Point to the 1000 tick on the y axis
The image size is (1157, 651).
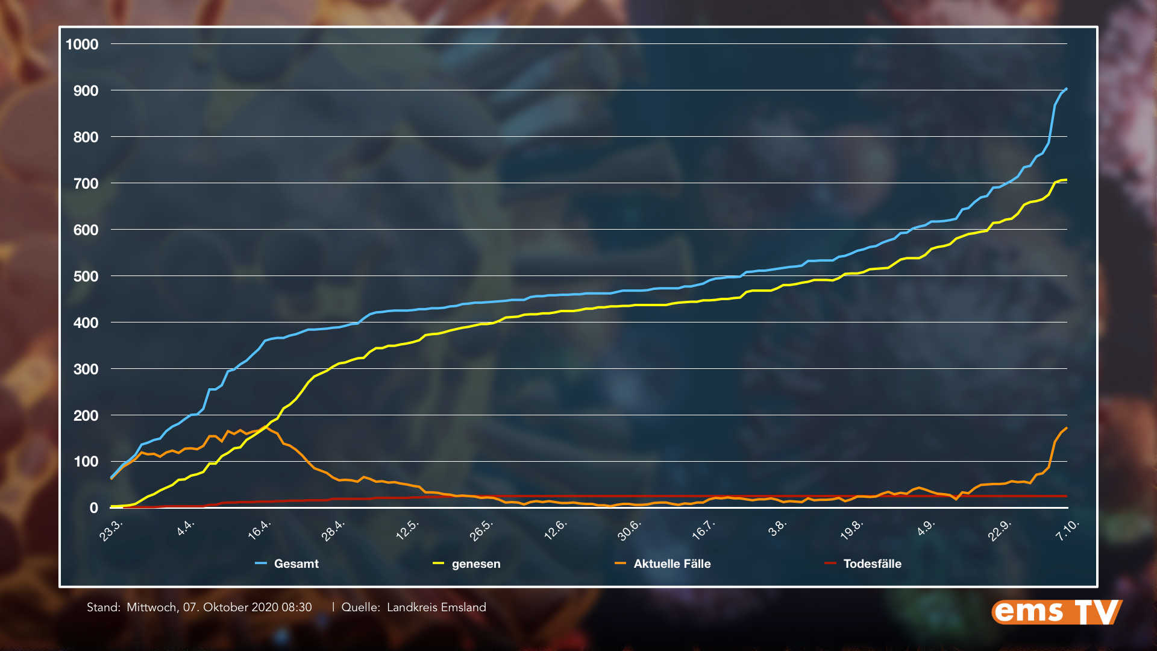tap(82, 44)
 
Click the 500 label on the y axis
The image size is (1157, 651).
tap(86, 276)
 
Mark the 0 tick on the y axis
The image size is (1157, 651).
tap(93, 508)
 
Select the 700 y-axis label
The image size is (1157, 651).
tap(86, 183)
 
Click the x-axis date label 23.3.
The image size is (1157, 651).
tap(111, 530)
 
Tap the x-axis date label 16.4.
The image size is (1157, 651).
tap(260, 529)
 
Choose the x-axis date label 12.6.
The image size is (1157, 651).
tap(556, 529)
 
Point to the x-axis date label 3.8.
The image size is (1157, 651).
tap(777, 527)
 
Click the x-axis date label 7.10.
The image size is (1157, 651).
tap(1068, 529)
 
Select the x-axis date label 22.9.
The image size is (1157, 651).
tap(1000, 530)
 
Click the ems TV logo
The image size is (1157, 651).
tap(1056, 612)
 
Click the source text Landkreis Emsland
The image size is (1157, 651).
tap(436, 607)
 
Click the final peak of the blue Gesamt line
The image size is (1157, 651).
tap(1066, 89)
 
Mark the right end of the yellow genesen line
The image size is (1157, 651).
tap(1066, 180)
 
